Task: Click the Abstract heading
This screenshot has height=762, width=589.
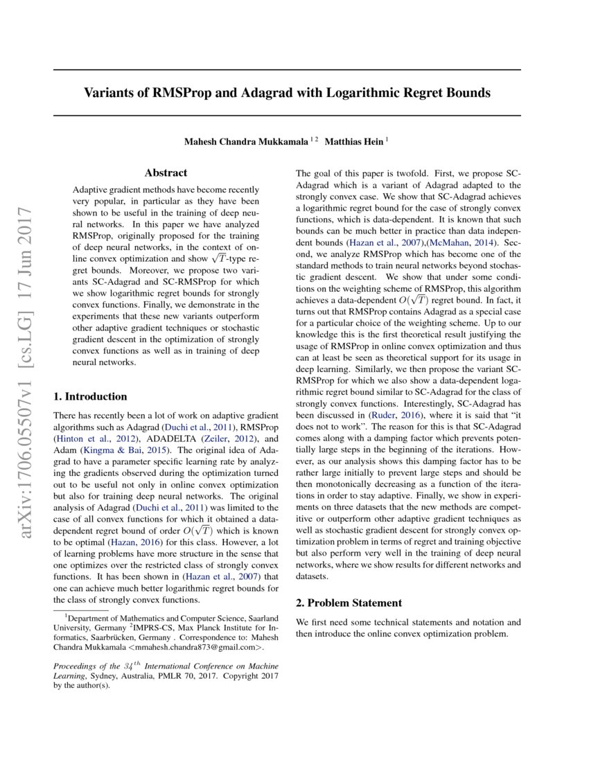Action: click(x=166, y=173)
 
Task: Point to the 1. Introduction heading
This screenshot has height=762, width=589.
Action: click(x=90, y=397)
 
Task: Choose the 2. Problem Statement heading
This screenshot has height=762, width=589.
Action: click(x=349, y=603)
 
